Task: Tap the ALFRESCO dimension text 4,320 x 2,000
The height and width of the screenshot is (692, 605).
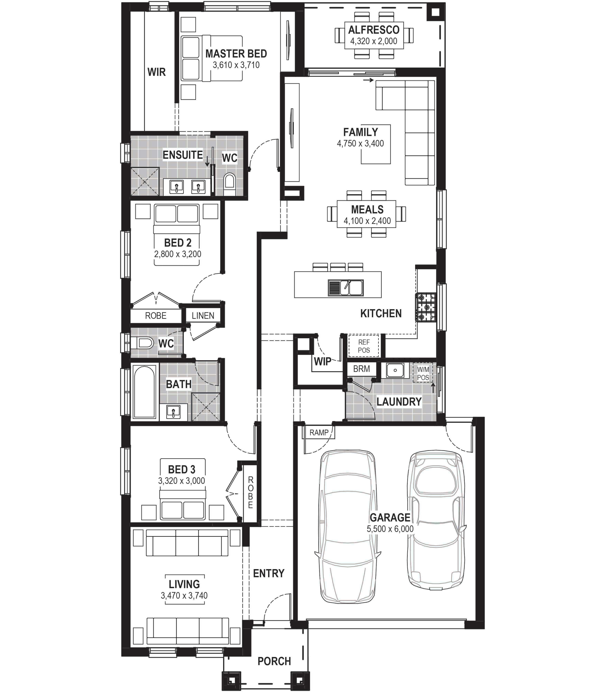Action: pyautogui.click(x=374, y=41)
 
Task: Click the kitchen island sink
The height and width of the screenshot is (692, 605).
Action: pyautogui.click(x=346, y=288)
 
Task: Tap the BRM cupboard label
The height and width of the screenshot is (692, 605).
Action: pyautogui.click(x=361, y=369)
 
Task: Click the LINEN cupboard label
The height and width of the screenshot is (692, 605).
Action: pyautogui.click(x=203, y=316)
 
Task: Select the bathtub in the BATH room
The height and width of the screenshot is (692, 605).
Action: pyautogui.click(x=145, y=392)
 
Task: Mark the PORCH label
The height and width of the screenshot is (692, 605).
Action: pyautogui.click(x=274, y=661)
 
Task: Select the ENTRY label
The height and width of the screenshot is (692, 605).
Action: pyautogui.click(x=269, y=573)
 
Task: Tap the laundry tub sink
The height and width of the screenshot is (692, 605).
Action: pyautogui.click(x=395, y=370)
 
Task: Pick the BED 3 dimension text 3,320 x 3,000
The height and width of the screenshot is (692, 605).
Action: pyautogui.click(x=182, y=481)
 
